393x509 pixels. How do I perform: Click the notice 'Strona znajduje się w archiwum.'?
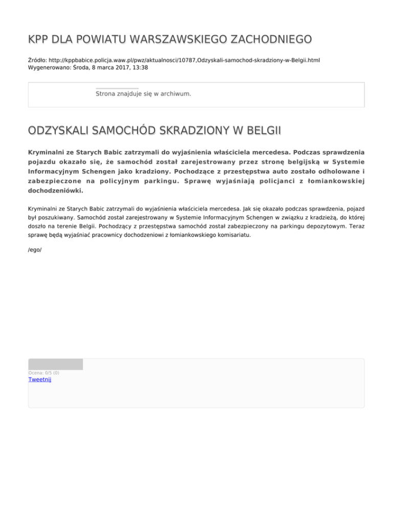pyautogui.click(x=143, y=94)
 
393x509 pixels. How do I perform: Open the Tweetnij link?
pyautogui.click(x=40, y=379)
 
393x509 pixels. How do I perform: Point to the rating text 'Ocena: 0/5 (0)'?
pyautogui.click(x=44, y=373)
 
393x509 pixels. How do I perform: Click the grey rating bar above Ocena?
pyautogui.click(x=55, y=364)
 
